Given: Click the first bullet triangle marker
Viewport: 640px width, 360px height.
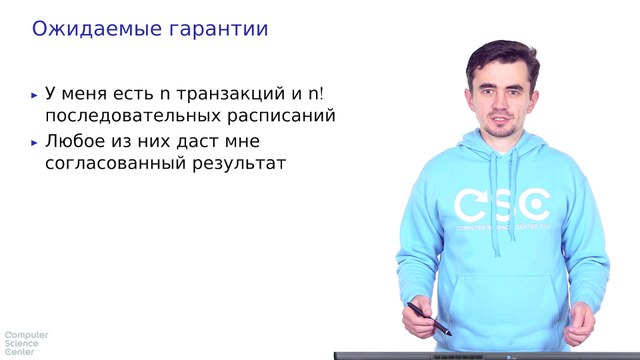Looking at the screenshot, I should [36, 95].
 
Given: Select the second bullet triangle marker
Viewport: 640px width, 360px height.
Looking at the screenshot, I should [36, 142].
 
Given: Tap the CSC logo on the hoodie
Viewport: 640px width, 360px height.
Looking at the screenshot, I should [501, 206].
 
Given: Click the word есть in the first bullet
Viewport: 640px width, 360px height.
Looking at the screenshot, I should [133, 94].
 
